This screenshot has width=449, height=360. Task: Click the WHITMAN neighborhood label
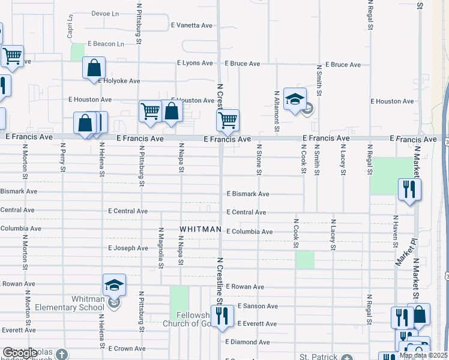click(x=200, y=230)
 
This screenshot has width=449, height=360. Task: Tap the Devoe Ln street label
click(x=106, y=13)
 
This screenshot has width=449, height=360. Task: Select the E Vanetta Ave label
click(x=192, y=26)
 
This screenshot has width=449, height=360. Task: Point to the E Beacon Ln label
click(x=106, y=44)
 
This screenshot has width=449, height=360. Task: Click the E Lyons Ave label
click(x=194, y=63)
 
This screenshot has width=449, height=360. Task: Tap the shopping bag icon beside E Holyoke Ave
click(x=94, y=68)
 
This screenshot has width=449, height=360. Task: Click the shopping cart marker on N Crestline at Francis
click(x=228, y=120)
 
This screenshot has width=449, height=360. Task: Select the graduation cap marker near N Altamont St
click(x=295, y=99)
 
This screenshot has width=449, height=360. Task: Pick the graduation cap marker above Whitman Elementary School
click(x=114, y=285)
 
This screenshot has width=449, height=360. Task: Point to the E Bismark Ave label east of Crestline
click(x=247, y=194)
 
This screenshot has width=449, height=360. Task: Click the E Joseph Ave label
click(x=128, y=248)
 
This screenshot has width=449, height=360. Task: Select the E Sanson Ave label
click(x=257, y=306)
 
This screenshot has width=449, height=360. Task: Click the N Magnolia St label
click(x=161, y=247)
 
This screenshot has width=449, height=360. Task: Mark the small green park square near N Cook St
click(x=305, y=260)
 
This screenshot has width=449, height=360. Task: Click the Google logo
click(x=20, y=353)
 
